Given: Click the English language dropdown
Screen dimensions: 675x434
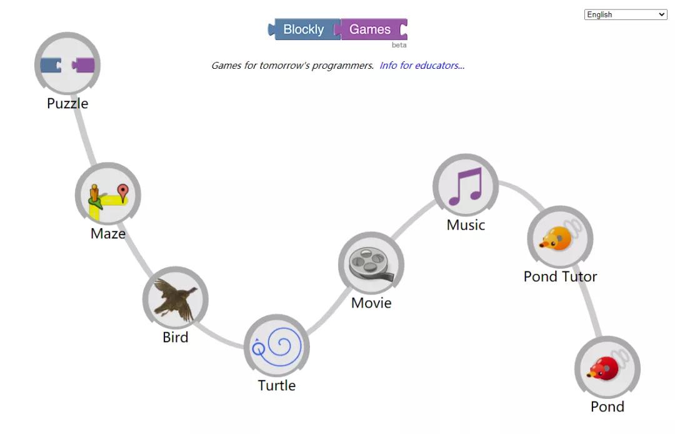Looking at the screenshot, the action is [626, 14].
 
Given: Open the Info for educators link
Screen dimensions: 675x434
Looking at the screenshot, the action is [422, 66].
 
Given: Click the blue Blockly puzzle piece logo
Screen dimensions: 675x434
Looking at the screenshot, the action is [304, 29].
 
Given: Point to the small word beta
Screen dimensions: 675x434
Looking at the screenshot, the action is [399, 45].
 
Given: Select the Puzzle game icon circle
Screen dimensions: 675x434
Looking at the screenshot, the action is [67, 64].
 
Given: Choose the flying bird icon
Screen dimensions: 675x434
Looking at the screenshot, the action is [176, 300].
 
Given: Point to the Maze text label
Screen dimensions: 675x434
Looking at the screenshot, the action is [108, 234].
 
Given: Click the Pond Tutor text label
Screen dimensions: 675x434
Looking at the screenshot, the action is [561, 277].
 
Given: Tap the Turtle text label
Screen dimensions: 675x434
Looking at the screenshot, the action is [277, 385].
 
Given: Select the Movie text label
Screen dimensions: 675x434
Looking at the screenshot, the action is [371, 303].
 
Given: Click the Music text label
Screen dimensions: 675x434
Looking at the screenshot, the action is [466, 225].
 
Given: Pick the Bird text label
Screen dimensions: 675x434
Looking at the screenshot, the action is [176, 337].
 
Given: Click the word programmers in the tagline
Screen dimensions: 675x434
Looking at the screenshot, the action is [342, 66].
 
